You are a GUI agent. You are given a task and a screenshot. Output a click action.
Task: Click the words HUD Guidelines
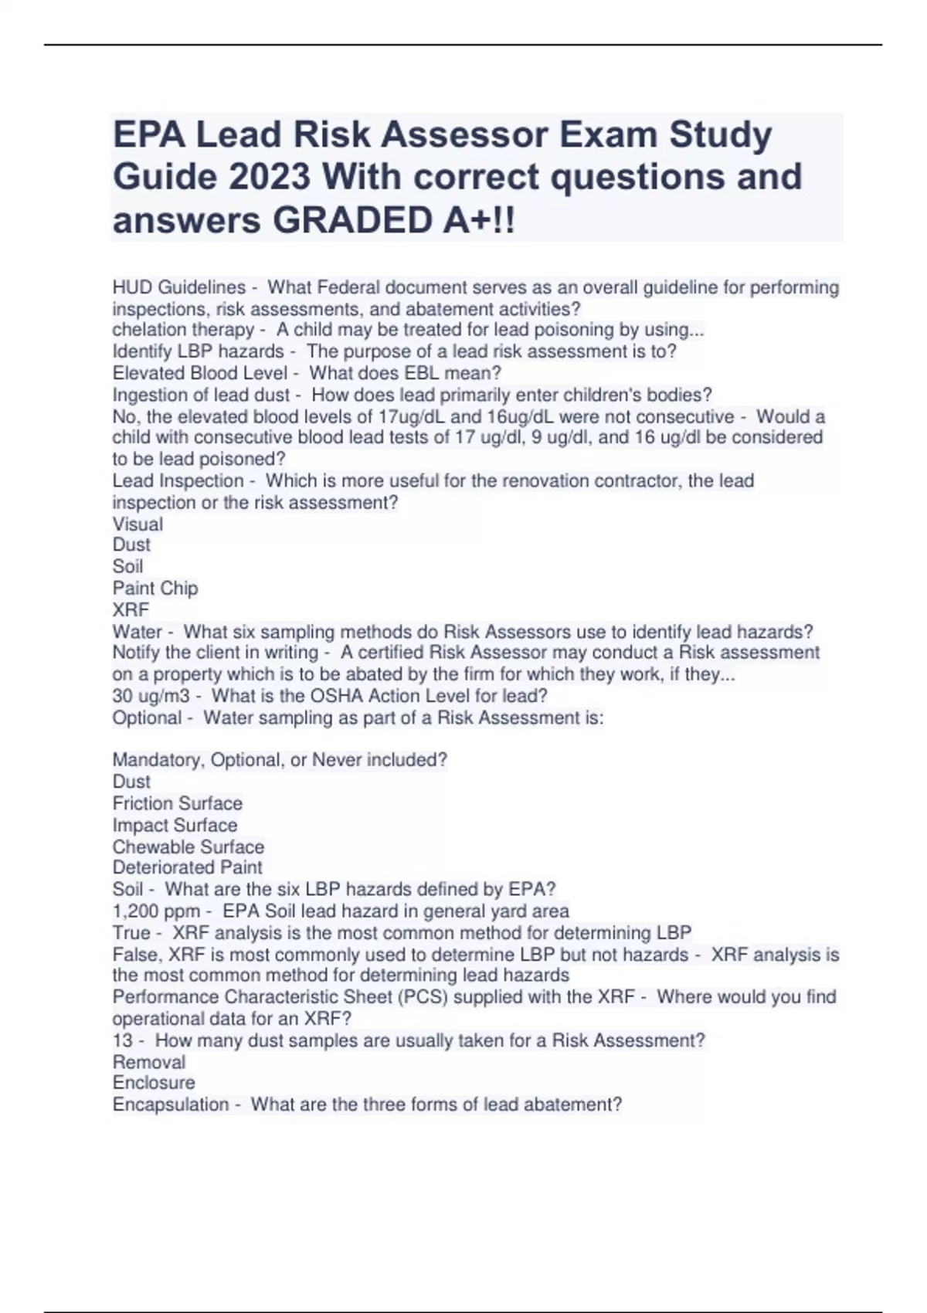pos(178,287)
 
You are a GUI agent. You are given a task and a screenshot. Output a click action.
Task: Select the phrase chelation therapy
pos(182,330)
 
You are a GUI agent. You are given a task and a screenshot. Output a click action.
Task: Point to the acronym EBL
pos(420,373)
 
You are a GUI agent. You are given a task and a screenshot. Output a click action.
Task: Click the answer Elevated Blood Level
pos(200,373)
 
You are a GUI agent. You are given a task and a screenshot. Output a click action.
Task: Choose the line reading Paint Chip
pos(155,589)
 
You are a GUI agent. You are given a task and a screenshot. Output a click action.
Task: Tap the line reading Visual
pos(138,524)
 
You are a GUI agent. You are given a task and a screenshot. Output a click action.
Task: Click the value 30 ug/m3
pos(151,696)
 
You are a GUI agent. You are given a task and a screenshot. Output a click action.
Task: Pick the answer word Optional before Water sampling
pos(147,718)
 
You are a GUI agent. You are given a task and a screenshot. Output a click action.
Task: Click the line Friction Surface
pos(177,804)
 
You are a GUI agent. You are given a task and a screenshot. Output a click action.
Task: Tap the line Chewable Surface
pos(188,847)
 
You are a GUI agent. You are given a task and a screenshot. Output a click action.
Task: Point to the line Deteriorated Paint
pos(187,867)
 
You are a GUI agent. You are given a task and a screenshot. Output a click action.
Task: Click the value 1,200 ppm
pos(156,911)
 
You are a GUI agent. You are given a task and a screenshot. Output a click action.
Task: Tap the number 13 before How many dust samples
pos(122,1041)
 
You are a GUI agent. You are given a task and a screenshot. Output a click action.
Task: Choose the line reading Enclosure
pos(153,1083)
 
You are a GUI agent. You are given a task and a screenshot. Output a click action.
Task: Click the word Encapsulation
pos(170,1105)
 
